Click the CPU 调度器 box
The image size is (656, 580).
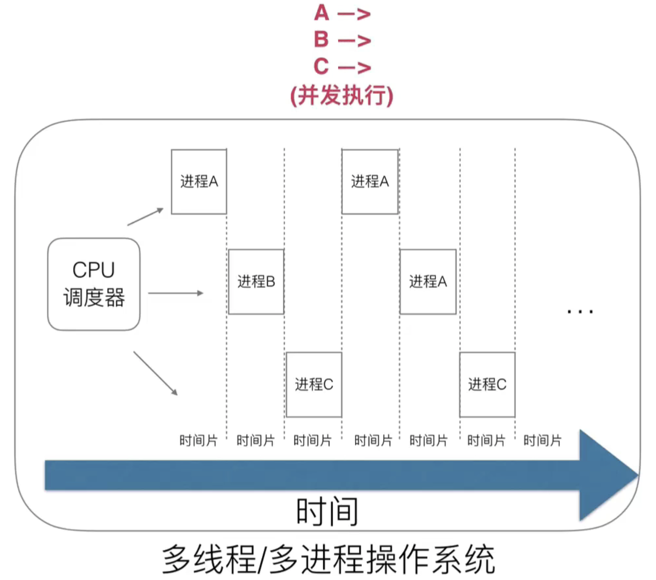click(x=94, y=284)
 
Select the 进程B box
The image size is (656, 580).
click(x=256, y=282)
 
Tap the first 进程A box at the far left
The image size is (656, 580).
click(x=199, y=182)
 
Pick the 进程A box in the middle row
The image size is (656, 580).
click(x=428, y=282)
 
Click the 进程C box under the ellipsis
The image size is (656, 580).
click(x=487, y=385)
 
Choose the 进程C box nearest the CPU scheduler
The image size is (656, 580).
click(x=314, y=385)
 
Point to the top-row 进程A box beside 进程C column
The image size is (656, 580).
click(x=370, y=182)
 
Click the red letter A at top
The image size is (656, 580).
click(x=321, y=13)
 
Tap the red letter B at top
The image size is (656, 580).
click(x=321, y=39)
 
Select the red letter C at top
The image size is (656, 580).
click(x=321, y=67)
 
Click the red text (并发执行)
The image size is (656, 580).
click(x=342, y=95)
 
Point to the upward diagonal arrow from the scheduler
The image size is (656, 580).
click(x=145, y=216)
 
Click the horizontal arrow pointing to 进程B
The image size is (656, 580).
click(x=176, y=293)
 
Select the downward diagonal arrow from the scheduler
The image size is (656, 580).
click(x=155, y=373)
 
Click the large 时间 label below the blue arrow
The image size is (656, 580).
click(x=327, y=512)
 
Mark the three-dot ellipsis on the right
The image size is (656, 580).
click(x=580, y=312)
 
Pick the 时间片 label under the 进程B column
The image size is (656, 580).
click(x=256, y=441)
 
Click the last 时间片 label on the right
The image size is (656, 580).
click(x=542, y=441)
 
